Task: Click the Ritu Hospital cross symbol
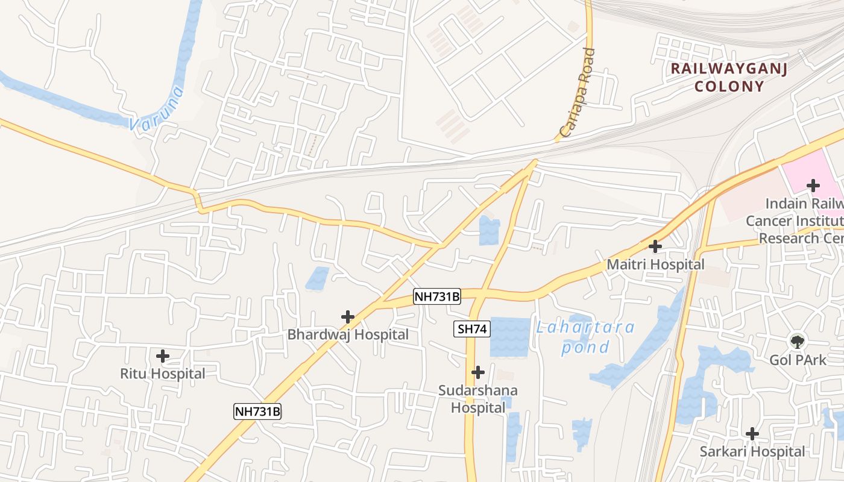(x=162, y=356)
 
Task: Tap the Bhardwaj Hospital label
(x=348, y=334)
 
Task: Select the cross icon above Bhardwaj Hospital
(x=348, y=316)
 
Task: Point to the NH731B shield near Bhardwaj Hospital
(x=437, y=296)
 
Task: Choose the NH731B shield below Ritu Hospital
(x=257, y=412)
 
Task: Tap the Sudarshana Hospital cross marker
(x=478, y=372)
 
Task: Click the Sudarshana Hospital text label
(x=478, y=399)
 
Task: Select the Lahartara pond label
(x=585, y=337)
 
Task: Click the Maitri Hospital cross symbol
(x=655, y=246)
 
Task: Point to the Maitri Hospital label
(x=655, y=264)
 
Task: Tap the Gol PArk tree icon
(x=798, y=342)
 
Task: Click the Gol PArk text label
(x=798, y=360)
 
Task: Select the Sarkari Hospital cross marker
(x=752, y=433)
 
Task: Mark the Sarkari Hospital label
(x=752, y=451)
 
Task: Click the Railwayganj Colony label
(x=729, y=77)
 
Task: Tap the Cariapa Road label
(x=578, y=93)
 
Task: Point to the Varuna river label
(x=156, y=109)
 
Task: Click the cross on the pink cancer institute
(x=813, y=185)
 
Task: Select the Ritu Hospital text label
(x=162, y=374)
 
